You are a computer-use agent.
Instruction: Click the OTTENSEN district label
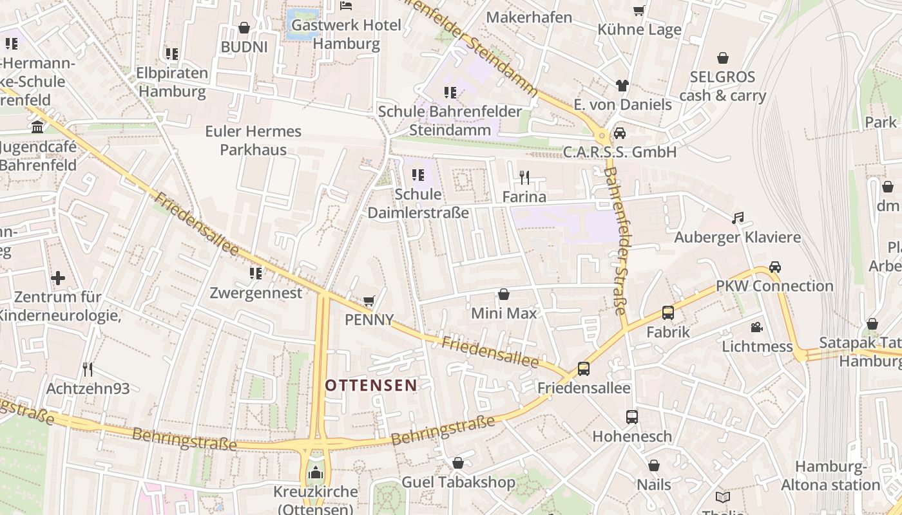[x=370, y=386]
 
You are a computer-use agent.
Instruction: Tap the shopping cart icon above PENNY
[x=369, y=301]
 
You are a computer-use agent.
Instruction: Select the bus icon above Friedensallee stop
[x=583, y=369]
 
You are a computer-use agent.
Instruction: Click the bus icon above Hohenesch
[x=631, y=417]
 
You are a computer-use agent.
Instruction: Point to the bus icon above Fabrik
[x=668, y=313]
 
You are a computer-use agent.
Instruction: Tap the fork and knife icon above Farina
[x=524, y=178]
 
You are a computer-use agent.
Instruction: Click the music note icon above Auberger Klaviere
[x=738, y=218]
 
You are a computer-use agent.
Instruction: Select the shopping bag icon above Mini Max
[x=504, y=294]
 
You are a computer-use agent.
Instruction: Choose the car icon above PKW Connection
[x=774, y=267]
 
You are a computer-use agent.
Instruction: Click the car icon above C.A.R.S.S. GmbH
[x=619, y=133]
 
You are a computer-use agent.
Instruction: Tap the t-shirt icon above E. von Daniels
[x=622, y=85]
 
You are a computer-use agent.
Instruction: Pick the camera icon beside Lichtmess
[x=756, y=327]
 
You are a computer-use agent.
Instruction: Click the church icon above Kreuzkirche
[x=315, y=473]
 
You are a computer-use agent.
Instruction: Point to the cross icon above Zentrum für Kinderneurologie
[x=58, y=278]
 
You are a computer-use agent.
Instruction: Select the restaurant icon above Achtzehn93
[x=88, y=370]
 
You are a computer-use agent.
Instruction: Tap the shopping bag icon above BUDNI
[x=244, y=28]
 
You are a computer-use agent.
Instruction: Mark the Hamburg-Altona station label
[x=830, y=476]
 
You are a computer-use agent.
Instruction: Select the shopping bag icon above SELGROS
[x=723, y=58]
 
